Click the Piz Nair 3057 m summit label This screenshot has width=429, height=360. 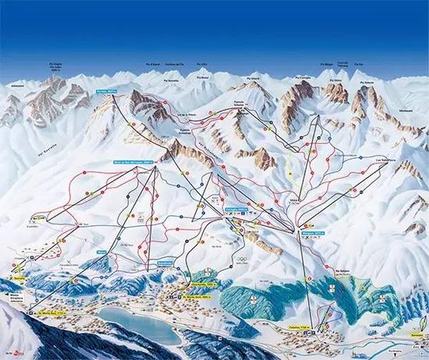106,91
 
